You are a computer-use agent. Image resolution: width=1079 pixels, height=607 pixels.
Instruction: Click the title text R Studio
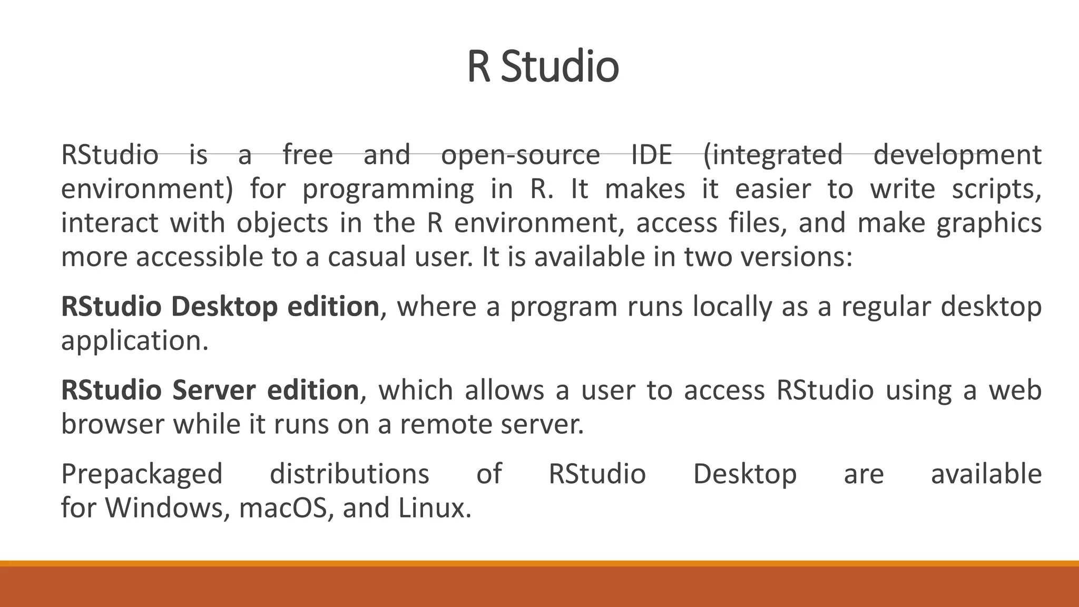543,67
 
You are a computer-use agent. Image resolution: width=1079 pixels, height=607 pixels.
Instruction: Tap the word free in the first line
308,155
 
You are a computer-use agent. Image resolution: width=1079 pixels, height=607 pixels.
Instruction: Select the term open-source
520,155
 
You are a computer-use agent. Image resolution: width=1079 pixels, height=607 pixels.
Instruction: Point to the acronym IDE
652,155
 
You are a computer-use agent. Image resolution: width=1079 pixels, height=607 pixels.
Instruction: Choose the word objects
282,223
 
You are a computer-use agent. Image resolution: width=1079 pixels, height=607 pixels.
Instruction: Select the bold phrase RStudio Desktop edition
220,307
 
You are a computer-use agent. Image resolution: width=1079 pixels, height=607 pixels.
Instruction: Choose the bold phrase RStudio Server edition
210,390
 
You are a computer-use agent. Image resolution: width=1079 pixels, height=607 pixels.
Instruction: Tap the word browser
112,424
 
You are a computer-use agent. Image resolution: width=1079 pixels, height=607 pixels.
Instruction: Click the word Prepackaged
142,474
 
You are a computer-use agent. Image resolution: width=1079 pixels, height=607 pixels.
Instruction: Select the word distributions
349,474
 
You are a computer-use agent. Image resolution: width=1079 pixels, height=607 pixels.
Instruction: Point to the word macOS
283,508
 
